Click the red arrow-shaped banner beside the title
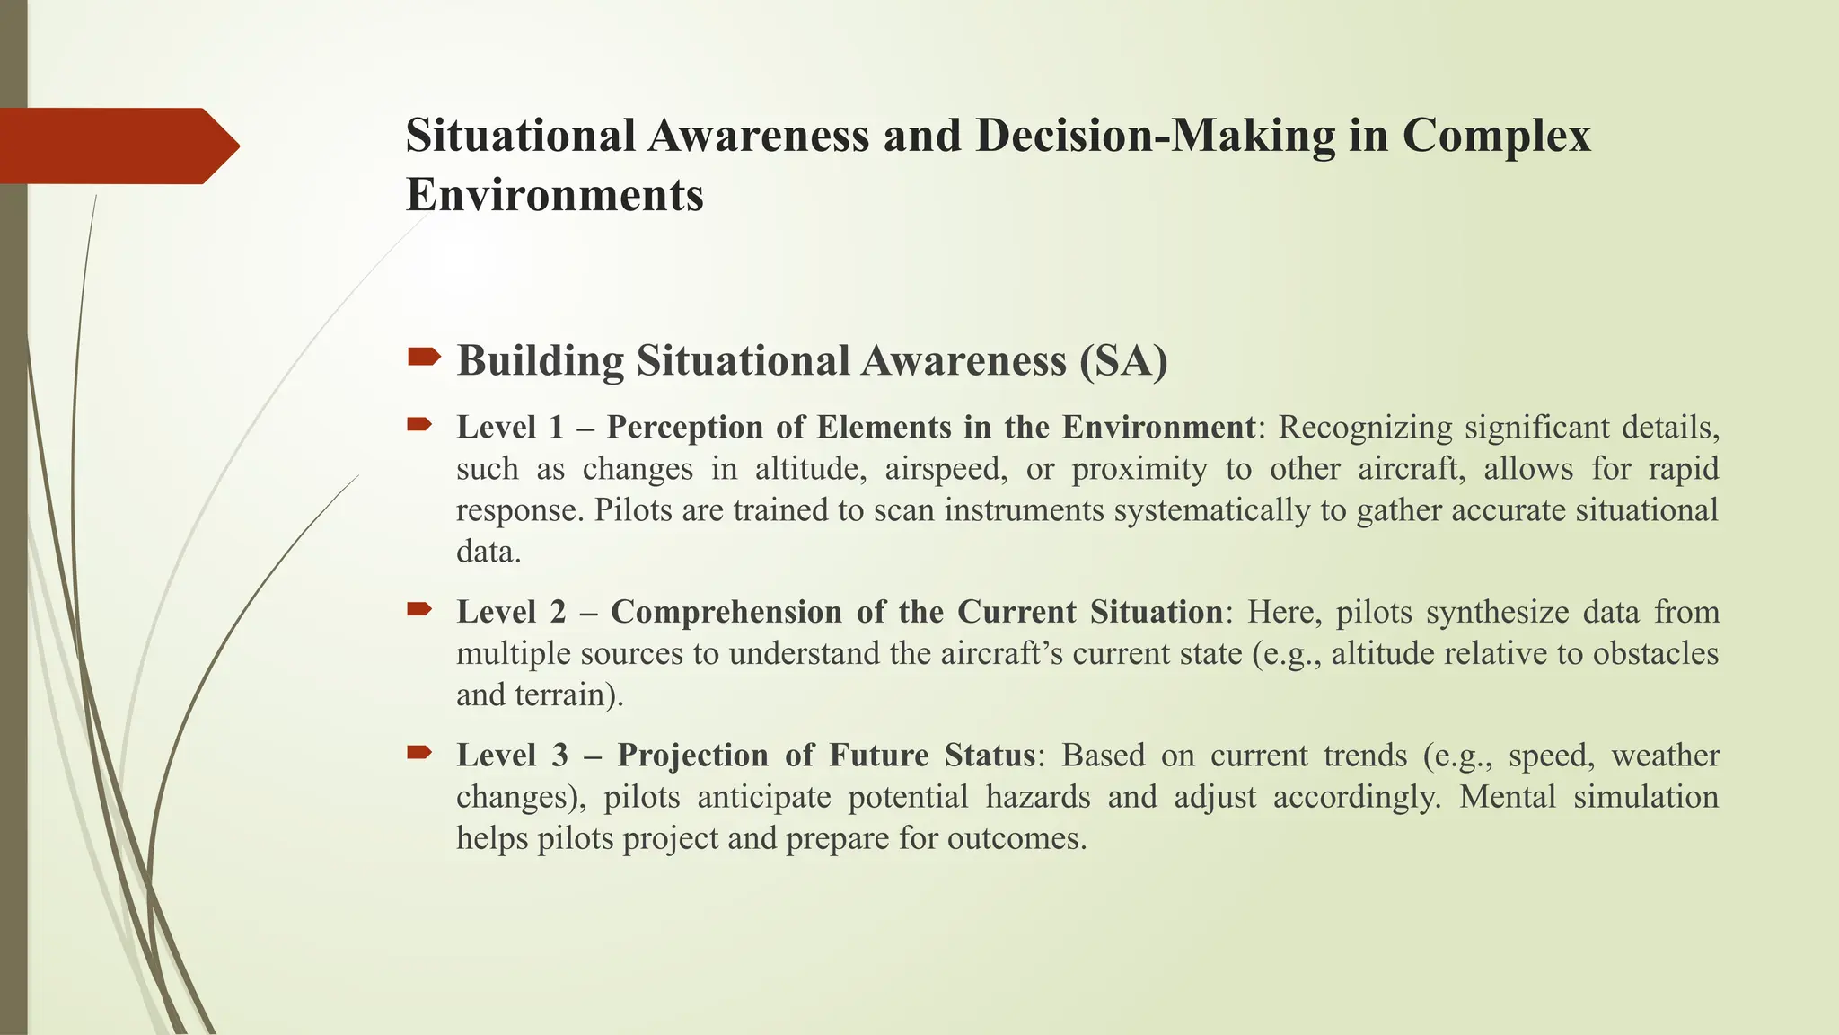click(117, 146)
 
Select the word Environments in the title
click(554, 195)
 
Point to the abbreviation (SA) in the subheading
click(1123, 361)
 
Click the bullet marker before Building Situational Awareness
click(423, 358)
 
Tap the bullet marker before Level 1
click(419, 424)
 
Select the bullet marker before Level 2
click(419, 609)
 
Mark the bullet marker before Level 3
click(419, 752)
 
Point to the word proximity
click(1139, 469)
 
